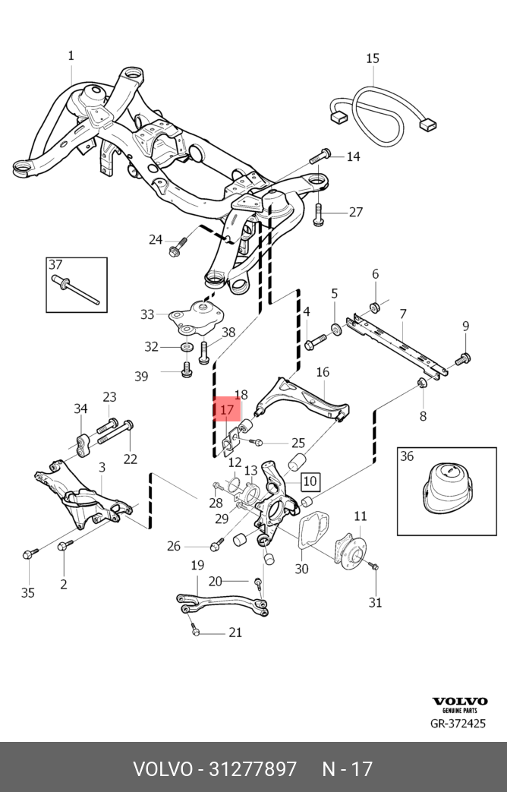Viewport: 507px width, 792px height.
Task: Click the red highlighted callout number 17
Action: pyautogui.click(x=227, y=410)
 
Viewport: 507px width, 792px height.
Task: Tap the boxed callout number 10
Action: pyautogui.click(x=310, y=481)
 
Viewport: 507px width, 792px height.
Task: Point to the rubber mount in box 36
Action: pyautogui.click(x=446, y=491)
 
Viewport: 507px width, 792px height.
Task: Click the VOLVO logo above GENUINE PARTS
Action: pyautogui.click(x=459, y=701)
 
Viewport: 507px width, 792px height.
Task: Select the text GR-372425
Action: pyautogui.click(x=458, y=724)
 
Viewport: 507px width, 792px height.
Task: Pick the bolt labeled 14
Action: pyautogui.click(x=320, y=158)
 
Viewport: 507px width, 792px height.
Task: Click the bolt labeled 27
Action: pyautogui.click(x=319, y=213)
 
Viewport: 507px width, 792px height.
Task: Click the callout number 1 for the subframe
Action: pyautogui.click(x=71, y=55)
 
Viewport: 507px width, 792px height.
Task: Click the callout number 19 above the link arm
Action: pyautogui.click(x=197, y=565)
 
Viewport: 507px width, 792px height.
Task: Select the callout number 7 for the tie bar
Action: pyautogui.click(x=403, y=314)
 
